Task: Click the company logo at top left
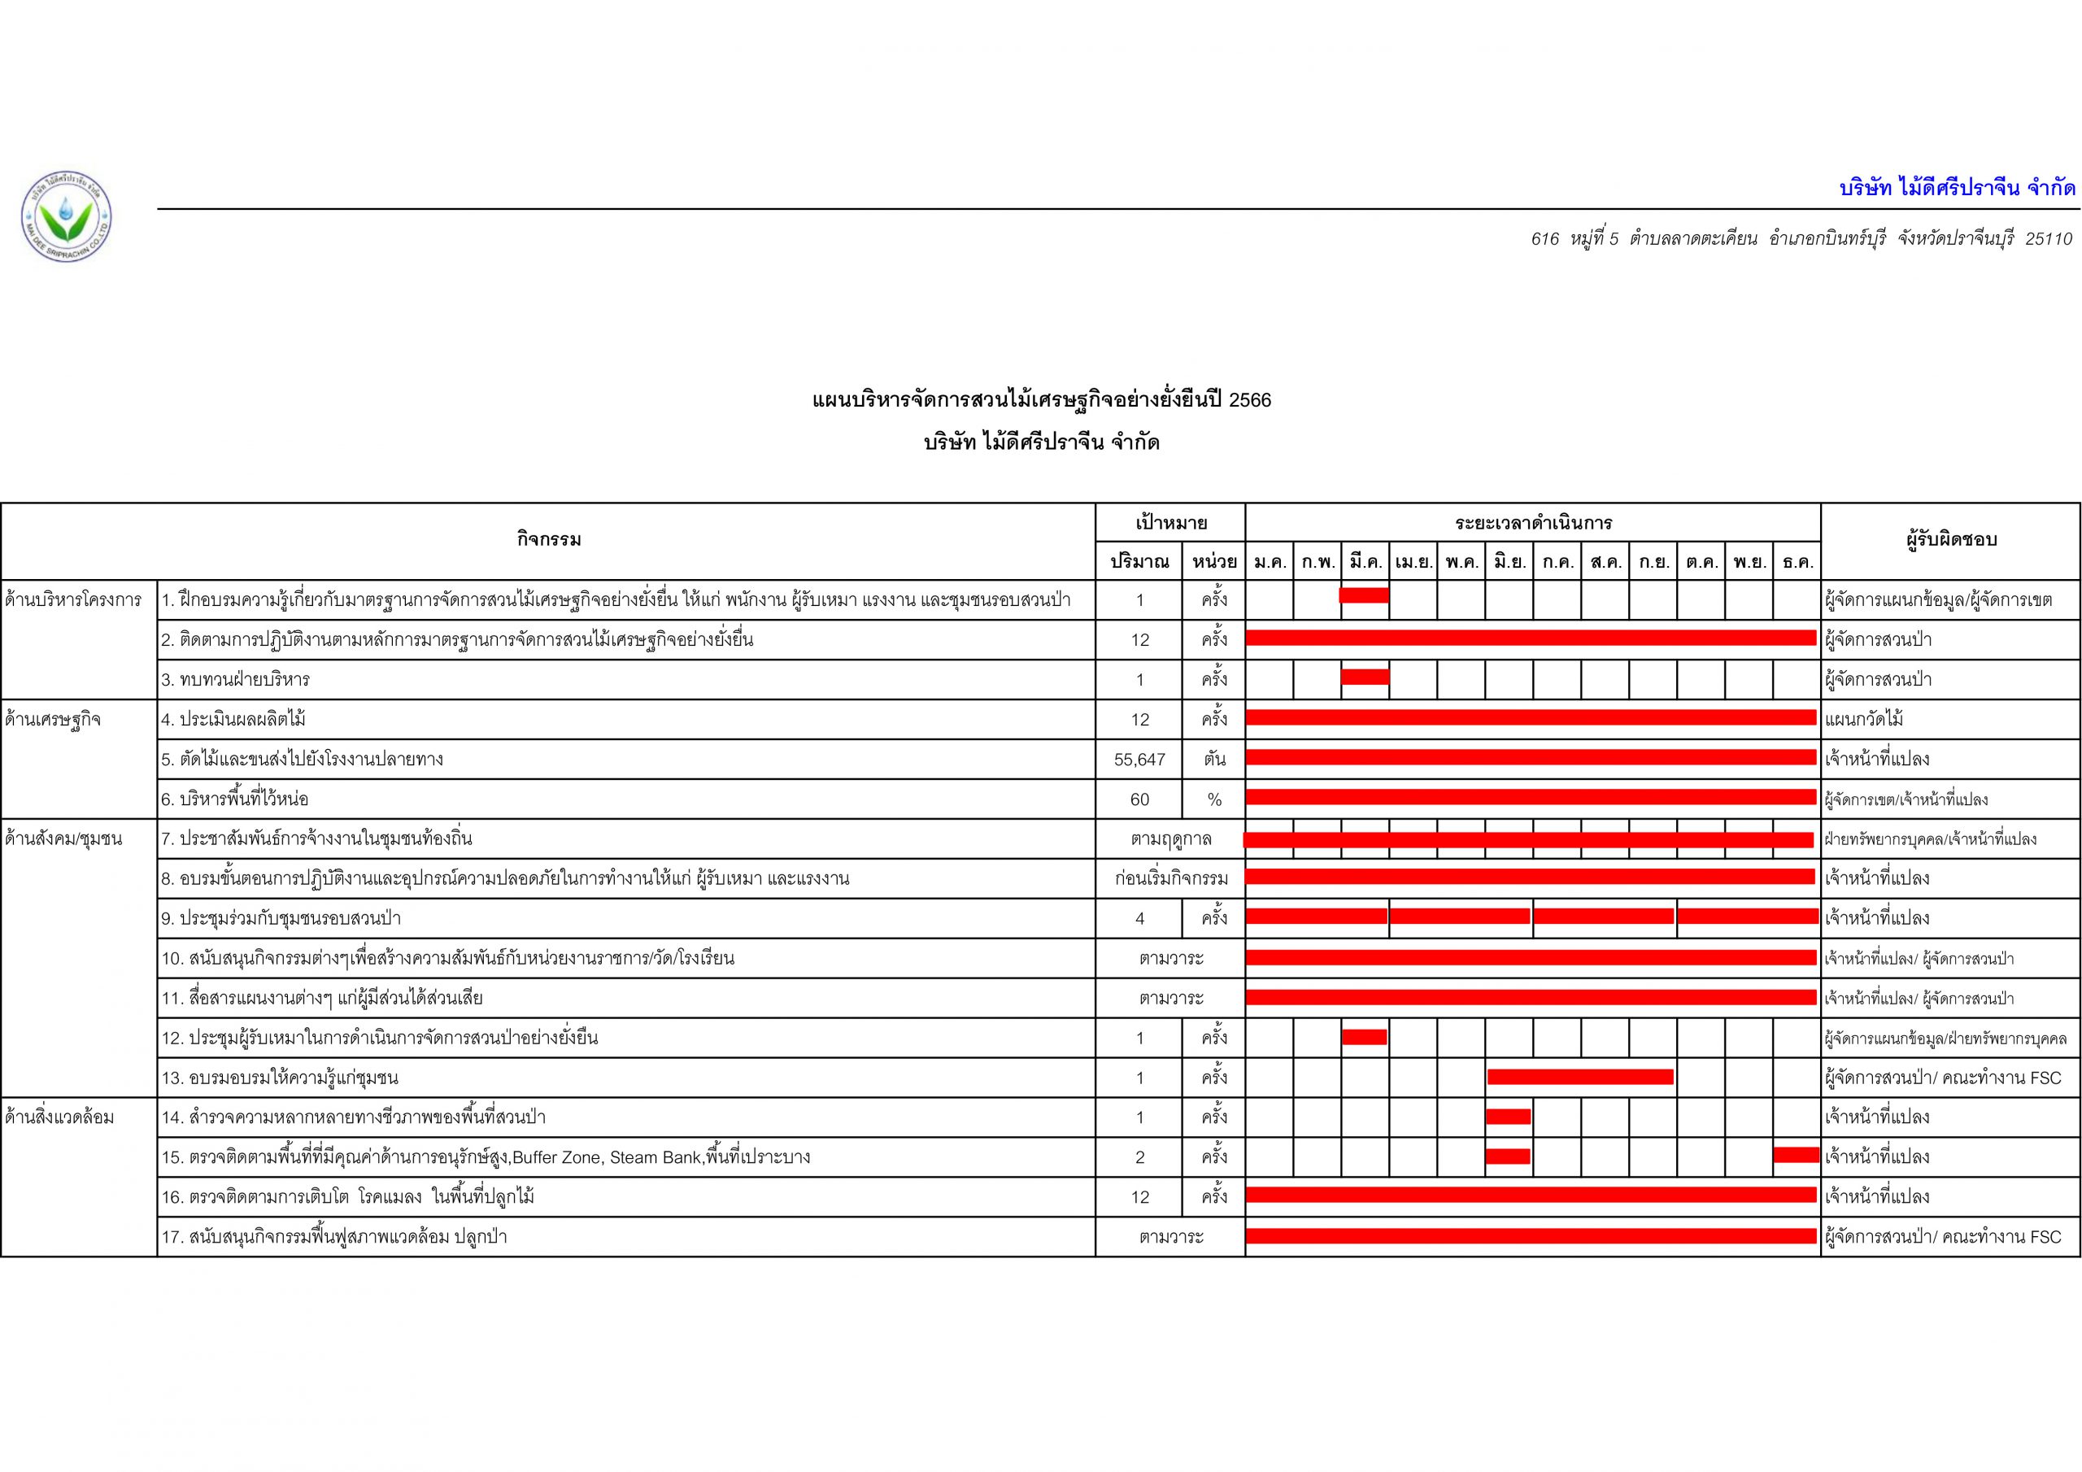pos(65,218)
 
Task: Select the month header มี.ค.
pos(1365,562)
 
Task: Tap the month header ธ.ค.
pos(1797,562)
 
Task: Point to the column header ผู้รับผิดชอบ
pos(1950,540)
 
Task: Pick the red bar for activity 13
pos(1579,1077)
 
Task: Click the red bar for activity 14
pos(1508,1117)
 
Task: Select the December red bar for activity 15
pos(1797,1155)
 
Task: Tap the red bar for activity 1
pos(1364,595)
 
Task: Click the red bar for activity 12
pos(1364,1037)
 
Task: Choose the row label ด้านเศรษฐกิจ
pos(53,720)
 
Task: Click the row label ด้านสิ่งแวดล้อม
pos(60,1117)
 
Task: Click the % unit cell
pos(1214,800)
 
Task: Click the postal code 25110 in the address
pos(2049,239)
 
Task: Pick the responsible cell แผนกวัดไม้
pos(1863,720)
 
